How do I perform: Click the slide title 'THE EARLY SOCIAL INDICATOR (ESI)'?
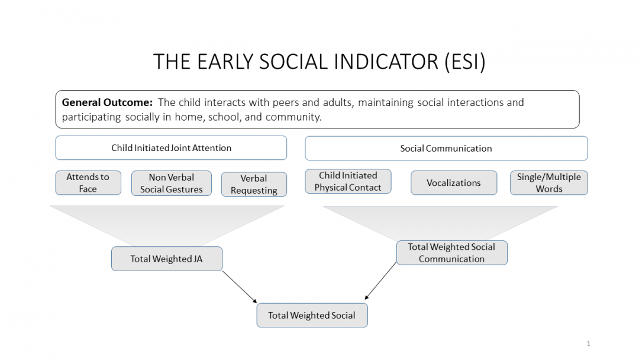tap(319, 62)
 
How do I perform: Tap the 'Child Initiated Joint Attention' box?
tap(171, 148)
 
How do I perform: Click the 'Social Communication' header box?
tap(446, 149)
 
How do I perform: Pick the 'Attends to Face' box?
tap(88, 183)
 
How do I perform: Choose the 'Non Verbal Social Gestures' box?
tap(171, 184)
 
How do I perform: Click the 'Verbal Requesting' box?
tap(254, 184)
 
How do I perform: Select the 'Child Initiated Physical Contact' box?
tap(348, 181)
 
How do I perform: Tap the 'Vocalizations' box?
tap(453, 183)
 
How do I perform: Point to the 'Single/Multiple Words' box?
tap(548, 183)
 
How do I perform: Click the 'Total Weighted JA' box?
tap(166, 259)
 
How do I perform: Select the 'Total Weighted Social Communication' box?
tap(451, 253)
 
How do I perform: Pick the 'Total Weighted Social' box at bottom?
tap(312, 315)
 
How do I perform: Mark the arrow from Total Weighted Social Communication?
tap(381, 281)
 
